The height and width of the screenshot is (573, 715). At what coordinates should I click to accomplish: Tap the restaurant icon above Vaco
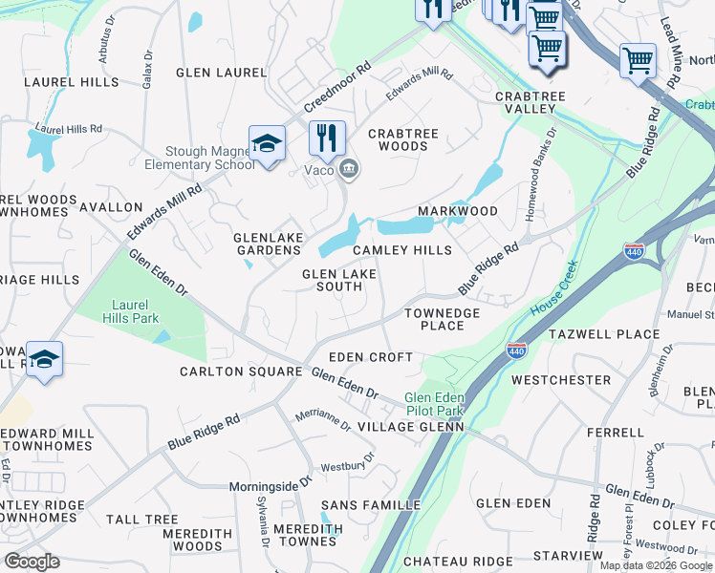click(x=327, y=138)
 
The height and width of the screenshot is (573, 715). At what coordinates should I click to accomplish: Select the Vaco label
click(x=318, y=170)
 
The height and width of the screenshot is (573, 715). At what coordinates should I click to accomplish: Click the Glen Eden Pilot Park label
click(x=434, y=403)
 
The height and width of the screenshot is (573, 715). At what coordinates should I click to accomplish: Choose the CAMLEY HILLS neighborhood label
click(x=401, y=250)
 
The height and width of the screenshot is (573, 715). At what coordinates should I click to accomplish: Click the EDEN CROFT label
click(x=371, y=357)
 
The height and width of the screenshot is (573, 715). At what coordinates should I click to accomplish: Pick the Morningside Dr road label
click(x=271, y=485)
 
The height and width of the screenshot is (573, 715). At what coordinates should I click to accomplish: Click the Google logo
click(x=32, y=561)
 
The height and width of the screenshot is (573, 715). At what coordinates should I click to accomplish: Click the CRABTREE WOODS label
click(x=398, y=140)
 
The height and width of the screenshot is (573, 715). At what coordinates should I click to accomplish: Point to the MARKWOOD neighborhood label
click(x=458, y=211)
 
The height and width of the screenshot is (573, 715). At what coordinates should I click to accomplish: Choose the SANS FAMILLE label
click(x=370, y=504)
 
